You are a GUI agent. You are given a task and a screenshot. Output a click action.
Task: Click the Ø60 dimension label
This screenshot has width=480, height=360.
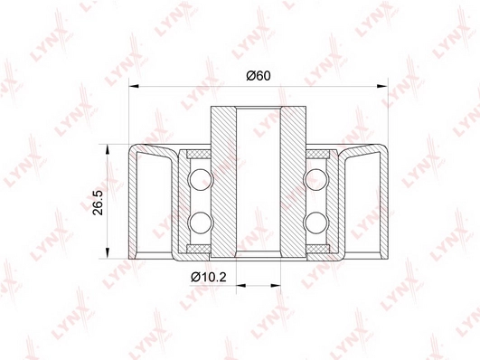click(259, 75)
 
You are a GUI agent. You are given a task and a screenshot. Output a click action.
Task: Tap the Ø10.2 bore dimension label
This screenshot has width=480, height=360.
click(209, 278)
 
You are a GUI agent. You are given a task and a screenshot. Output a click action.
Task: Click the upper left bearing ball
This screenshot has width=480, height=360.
click(200, 179)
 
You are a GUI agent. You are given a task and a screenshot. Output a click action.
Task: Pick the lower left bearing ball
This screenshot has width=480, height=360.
click(200, 223)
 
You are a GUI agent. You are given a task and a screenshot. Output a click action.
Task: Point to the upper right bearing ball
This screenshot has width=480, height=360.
click(316, 179)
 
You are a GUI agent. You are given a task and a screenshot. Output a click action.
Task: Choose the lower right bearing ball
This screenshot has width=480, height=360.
click(316, 223)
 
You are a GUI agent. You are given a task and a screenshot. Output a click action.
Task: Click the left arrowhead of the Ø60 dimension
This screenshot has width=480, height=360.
click(134, 86)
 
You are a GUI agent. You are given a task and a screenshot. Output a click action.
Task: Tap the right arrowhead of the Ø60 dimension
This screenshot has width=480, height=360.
click(382, 86)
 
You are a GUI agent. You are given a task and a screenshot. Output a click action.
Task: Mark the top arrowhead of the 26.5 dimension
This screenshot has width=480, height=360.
click(108, 149)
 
